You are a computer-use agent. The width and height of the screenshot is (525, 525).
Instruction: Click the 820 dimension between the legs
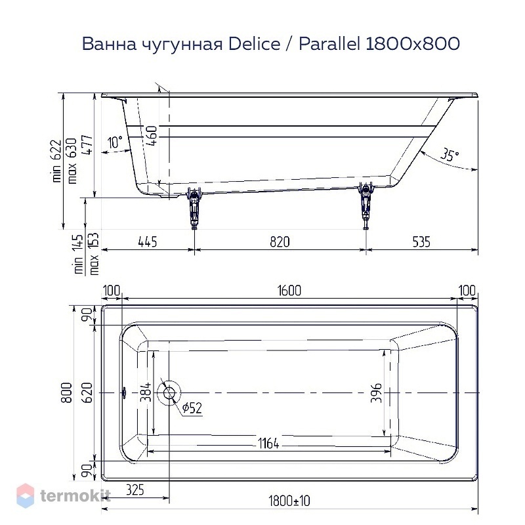280,241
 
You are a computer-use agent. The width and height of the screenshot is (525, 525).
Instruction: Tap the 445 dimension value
147,241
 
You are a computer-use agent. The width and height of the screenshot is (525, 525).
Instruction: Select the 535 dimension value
421,241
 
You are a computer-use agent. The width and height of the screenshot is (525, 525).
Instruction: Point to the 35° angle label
449,155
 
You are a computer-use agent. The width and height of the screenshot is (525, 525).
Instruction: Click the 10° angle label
115,142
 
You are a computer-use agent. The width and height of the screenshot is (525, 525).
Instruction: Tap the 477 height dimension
88,144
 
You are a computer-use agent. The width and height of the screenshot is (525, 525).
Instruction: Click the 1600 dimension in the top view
289,290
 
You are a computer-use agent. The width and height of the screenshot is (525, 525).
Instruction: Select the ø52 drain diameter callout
192,408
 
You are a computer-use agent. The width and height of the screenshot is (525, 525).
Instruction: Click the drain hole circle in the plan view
169,392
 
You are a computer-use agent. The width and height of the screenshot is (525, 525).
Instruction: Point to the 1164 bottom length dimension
268,444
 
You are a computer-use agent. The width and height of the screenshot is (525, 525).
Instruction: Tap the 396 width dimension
376,392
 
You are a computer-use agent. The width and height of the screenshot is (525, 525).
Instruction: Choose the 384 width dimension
146,392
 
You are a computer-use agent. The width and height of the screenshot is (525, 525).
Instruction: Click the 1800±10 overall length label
289,501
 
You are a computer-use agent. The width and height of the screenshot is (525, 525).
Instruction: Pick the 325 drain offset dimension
135,490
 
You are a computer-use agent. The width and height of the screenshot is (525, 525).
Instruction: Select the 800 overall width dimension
66,392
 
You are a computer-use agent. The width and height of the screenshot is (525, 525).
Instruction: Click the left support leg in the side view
194,207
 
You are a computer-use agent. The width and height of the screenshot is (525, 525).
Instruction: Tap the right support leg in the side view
366,205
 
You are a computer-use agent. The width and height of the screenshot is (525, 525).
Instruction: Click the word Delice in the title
254,43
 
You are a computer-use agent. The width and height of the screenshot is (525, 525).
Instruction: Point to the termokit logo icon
25,495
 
